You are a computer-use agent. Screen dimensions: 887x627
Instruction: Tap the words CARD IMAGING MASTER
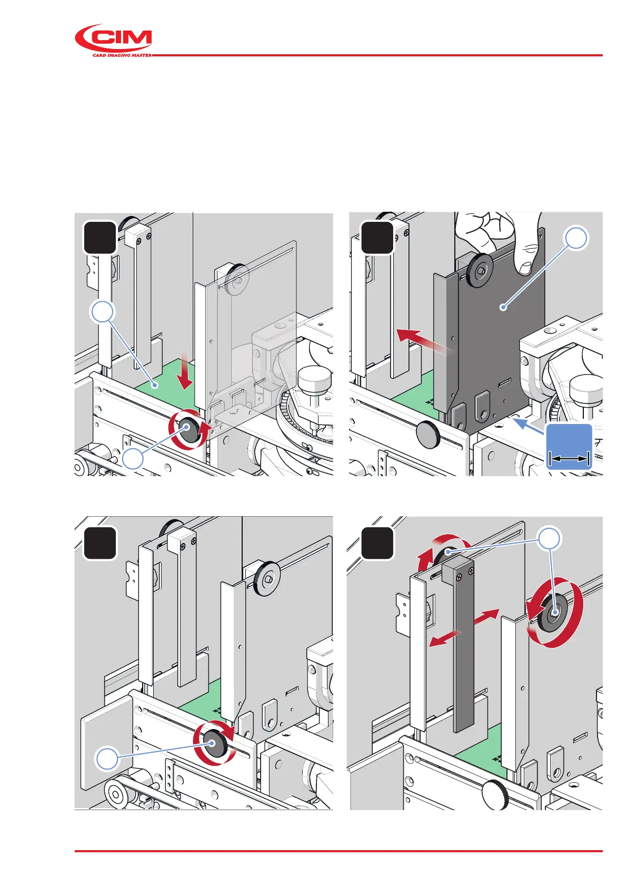coord(122,55)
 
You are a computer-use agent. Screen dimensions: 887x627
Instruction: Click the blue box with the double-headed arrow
coord(569,446)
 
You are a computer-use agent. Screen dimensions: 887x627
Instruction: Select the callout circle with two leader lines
coord(549,538)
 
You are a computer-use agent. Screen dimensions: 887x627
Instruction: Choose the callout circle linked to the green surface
coord(103,312)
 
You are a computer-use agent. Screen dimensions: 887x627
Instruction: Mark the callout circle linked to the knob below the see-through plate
coord(133,459)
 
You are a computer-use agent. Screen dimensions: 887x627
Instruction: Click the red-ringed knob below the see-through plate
coord(188,430)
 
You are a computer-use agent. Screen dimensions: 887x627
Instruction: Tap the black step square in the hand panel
coord(377,238)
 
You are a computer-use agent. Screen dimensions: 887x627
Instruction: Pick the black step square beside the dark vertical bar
coord(377,543)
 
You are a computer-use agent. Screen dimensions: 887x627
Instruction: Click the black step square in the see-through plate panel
coord(99,238)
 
